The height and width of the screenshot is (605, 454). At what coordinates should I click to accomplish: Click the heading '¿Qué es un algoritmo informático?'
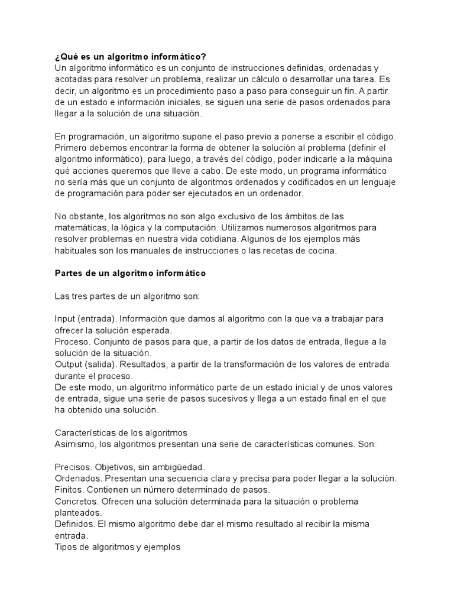coord(130,57)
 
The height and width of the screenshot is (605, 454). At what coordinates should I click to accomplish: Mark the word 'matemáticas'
coord(80,227)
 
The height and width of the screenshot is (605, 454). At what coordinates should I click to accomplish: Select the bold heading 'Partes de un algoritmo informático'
coord(130,273)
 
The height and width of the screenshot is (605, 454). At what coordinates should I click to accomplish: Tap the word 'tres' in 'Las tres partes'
coord(80,296)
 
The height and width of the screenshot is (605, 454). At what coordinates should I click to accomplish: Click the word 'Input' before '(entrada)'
coord(65,318)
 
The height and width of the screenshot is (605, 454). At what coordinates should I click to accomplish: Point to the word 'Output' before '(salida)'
coord(69,364)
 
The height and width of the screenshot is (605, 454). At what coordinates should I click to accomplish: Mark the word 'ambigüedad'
coord(180,467)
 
